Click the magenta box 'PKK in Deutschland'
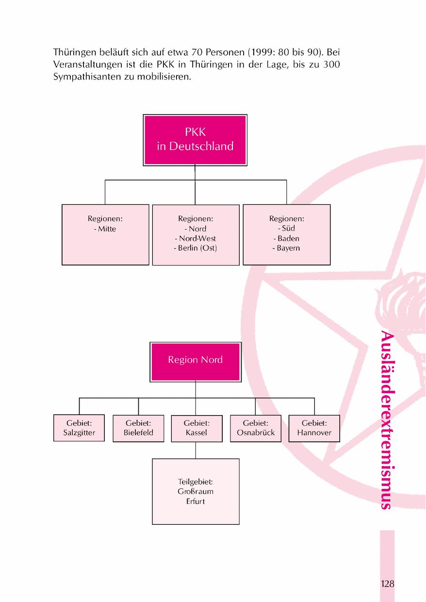(195, 139)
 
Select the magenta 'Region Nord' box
(196, 360)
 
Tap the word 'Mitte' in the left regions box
(107, 229)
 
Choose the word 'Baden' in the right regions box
(289, 238)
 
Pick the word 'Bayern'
(289, 248)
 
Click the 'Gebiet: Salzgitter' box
(79, 428)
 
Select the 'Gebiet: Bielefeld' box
(138, 428)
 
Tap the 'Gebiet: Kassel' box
(197, 428)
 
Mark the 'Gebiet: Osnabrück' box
(256, 428)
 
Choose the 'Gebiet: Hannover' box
(314, 428)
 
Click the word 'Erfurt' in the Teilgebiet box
(196, 501)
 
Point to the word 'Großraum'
(196, 491)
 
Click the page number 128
(387, 584)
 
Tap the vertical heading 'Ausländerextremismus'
(387, 420)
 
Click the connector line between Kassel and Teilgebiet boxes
(196, 450)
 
